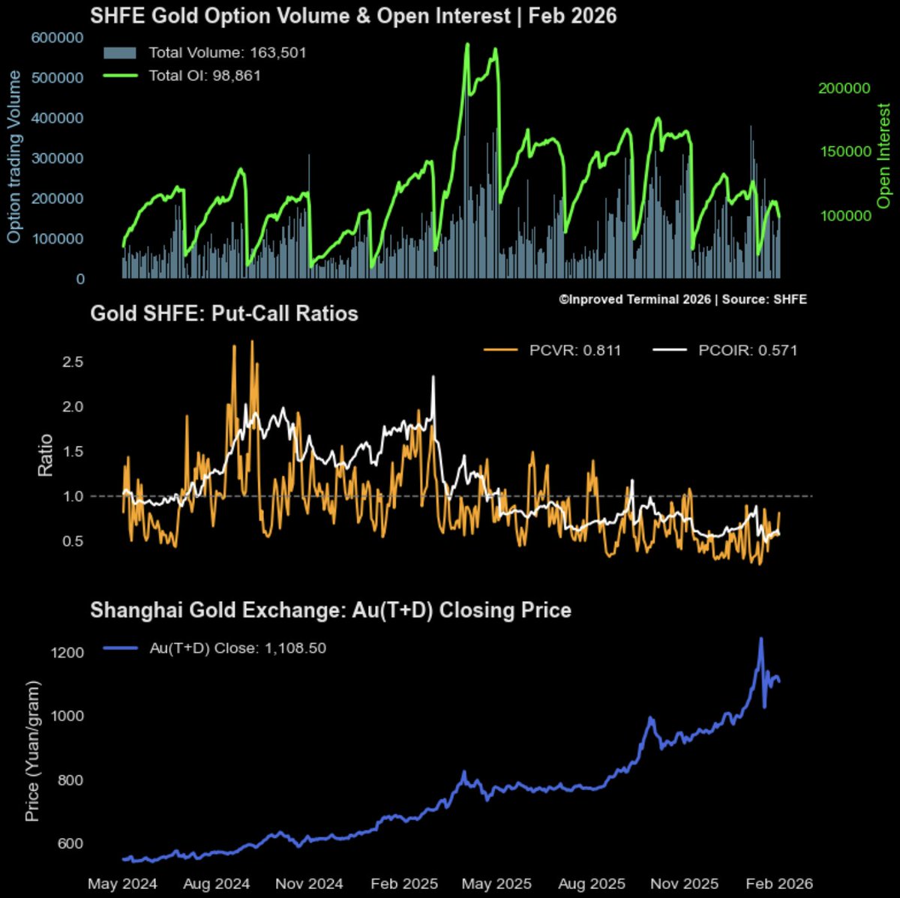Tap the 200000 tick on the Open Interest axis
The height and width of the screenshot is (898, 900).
844,88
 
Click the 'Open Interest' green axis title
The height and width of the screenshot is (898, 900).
884,156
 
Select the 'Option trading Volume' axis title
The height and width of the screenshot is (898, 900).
14,157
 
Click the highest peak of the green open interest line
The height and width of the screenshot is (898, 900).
467,44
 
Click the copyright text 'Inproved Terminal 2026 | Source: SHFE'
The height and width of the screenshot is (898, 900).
682,299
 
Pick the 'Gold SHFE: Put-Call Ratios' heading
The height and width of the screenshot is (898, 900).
223,313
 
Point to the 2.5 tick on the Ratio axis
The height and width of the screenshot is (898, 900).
72,362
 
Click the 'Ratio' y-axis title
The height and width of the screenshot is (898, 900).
46,454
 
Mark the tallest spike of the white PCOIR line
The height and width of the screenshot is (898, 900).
433,377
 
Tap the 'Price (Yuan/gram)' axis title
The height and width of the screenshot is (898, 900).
32,750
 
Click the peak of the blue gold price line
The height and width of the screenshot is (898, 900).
761,639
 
